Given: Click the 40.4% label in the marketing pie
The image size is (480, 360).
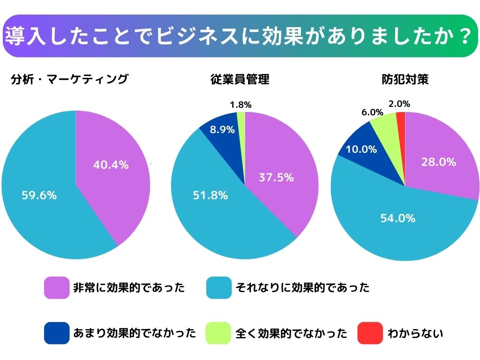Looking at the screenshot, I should point(111,165).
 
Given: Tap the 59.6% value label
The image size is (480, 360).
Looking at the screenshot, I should point(39,195).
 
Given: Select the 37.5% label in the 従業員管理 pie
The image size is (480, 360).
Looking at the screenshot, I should point(276,178).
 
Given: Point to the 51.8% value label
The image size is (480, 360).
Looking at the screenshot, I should point(210,195).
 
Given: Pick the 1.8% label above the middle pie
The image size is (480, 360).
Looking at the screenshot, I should point(240,105).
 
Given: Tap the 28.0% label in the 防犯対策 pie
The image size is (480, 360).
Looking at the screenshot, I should point(439,162).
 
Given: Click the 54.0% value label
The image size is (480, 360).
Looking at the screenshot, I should point(398,218).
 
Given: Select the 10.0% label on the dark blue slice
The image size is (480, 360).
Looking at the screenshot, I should point(361,150).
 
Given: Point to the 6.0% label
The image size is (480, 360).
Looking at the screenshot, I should point(372,112).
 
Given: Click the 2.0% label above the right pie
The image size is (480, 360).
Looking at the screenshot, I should point(399,104).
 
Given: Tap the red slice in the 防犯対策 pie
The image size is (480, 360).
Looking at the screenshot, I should point(401,123).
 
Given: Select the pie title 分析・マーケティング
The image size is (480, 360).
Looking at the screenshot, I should point(69,79).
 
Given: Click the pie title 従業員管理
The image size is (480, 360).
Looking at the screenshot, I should point(240,79).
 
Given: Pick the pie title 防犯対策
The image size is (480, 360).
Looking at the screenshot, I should point(405,79).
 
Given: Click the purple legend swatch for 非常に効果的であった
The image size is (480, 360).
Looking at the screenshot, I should point(56,287).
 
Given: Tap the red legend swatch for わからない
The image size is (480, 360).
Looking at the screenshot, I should point(370,333).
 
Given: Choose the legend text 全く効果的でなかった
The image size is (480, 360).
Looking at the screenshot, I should point(291,333).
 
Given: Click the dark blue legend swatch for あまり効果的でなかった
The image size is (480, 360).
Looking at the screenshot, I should point(56,333).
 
